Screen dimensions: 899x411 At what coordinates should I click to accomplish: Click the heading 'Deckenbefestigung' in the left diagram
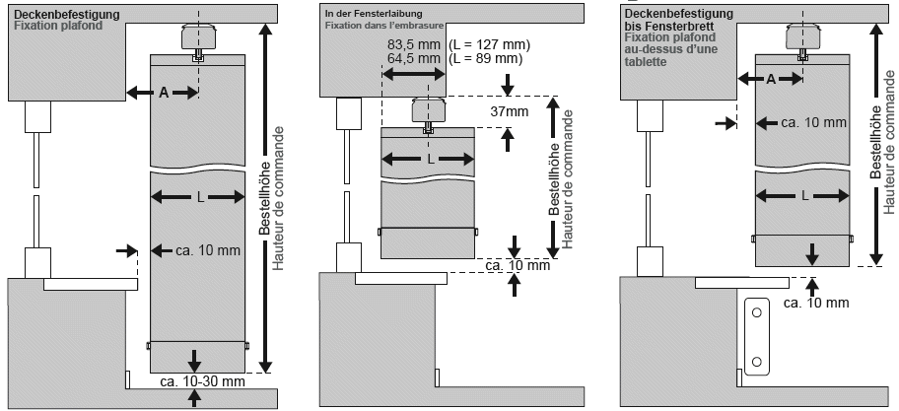[x=67, y=15]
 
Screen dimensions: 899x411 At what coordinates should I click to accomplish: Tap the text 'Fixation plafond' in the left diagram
[x=58, y=26]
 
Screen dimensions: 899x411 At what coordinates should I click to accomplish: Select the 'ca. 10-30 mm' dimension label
[x=202, y=381]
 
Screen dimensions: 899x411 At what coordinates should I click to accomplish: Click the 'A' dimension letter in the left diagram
[x=164, y=94]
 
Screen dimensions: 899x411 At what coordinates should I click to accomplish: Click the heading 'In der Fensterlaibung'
[x=374, y=13]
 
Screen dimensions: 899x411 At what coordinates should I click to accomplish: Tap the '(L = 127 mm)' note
[x=489, y=44]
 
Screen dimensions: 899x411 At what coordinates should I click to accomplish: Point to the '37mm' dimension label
[x=509, y=111]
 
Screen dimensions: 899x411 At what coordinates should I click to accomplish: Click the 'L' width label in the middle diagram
[x=431, y=160]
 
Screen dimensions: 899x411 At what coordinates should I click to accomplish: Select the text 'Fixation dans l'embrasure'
[x=384, y=26]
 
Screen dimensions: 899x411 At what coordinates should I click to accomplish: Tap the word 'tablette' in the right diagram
[x=647, y=62]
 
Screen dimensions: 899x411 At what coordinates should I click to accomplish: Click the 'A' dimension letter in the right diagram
[x=771, y=80]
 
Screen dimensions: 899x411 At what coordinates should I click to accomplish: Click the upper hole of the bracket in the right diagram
[x=757, y=312]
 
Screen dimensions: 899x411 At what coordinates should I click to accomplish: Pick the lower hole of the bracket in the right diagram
[x=757, y=361]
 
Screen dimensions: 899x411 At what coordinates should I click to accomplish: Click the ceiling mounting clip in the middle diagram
[x=428, y=111]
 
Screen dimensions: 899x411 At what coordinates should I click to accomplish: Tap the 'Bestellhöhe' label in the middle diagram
[x=554, y=178]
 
